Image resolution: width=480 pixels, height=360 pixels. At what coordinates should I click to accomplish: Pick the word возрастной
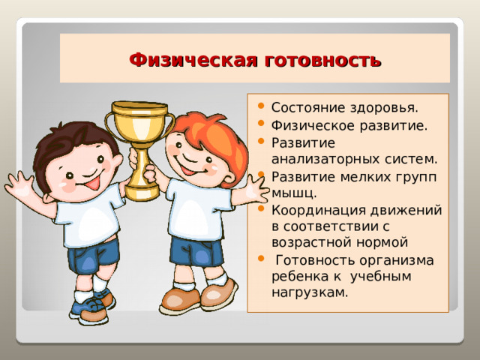tap(310, 242)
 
